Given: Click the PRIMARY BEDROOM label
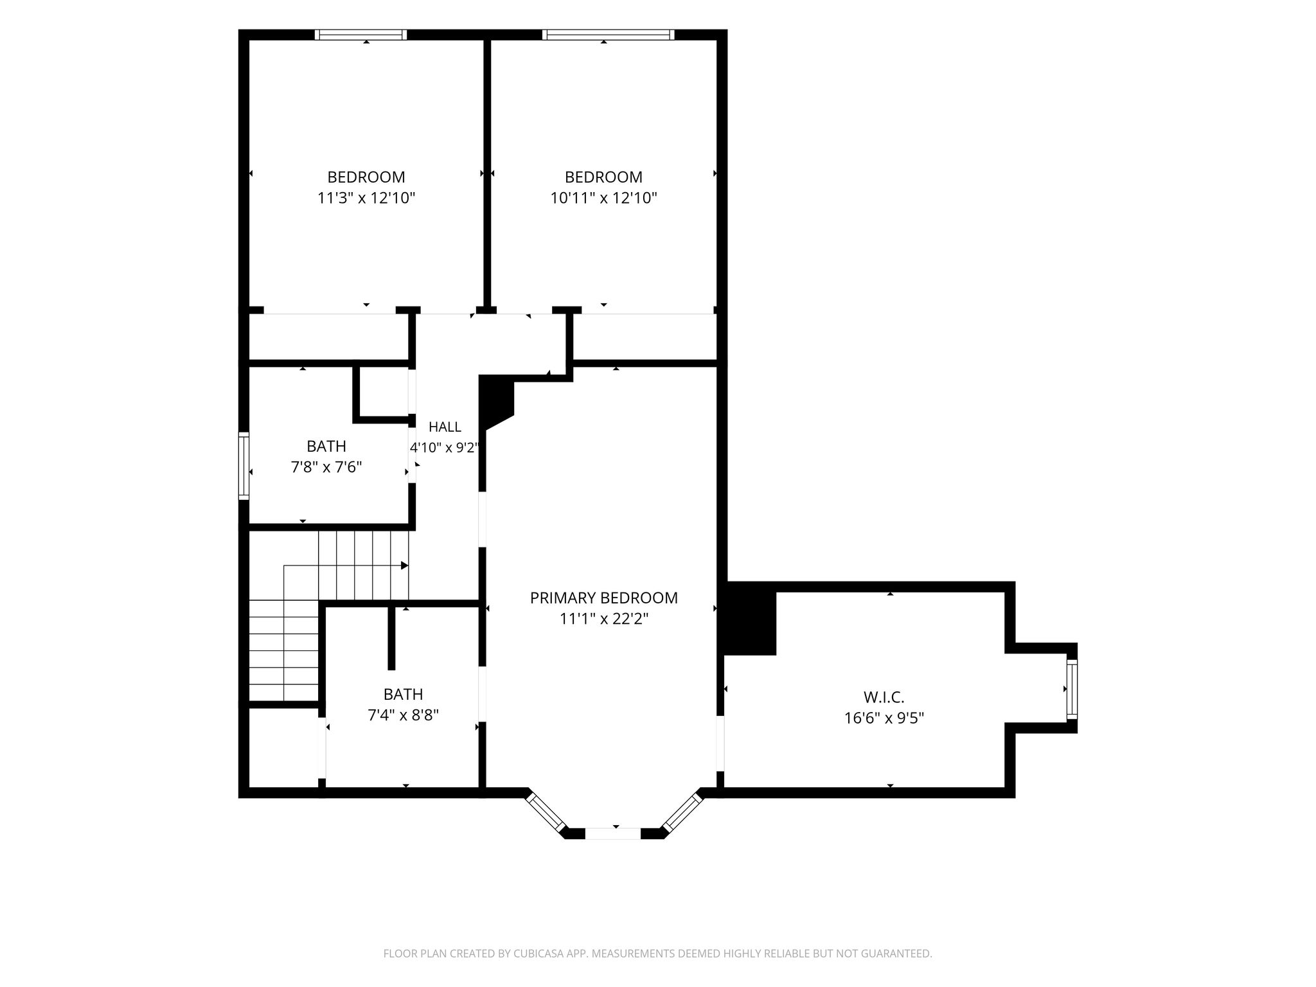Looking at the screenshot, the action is [603, 598].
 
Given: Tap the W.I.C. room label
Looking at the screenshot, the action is [884, 697].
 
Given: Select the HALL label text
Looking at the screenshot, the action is [445, 427].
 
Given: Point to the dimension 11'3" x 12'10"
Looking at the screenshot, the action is [366, 198].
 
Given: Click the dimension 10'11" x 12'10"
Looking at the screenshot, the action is [603, 198].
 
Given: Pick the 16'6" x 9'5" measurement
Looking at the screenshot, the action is [884, 718].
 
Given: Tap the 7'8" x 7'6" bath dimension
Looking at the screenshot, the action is [326, 467].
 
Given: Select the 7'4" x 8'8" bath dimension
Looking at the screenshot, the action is [403, 715].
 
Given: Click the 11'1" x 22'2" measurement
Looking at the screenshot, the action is [603, 619].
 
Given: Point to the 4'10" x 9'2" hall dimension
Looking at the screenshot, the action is [445, 447].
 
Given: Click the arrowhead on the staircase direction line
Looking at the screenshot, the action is [405, 565].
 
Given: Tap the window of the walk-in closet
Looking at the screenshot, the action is [1072, 688].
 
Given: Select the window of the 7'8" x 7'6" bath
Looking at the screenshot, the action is [244, 466].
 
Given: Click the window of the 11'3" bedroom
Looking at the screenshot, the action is [361, 35].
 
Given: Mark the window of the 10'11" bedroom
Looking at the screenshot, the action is [608, 35].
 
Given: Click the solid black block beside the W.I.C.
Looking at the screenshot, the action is [751, 619].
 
